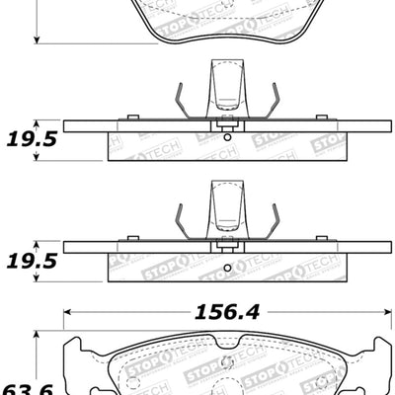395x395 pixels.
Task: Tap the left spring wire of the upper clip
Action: [179, 102]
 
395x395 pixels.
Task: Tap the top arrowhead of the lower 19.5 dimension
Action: [37, 242]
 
